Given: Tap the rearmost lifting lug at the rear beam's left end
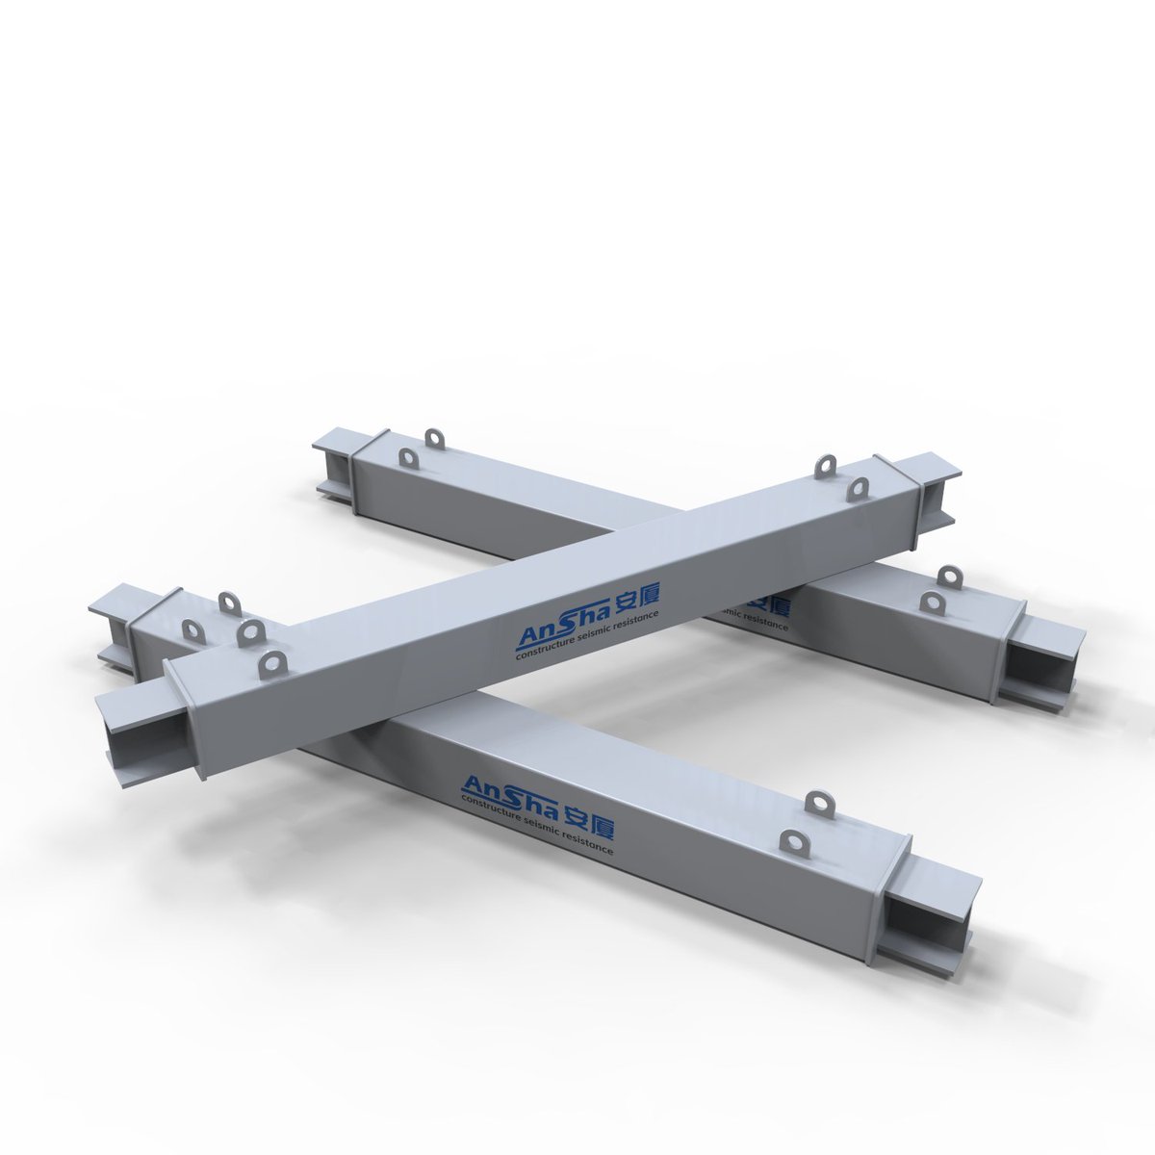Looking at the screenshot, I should (x=437, y=438).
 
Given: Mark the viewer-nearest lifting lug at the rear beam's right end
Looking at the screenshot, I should (x=930, y=603).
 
